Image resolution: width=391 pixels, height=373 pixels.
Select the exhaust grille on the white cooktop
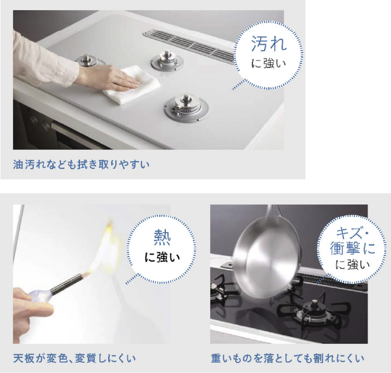[x=190, y=46]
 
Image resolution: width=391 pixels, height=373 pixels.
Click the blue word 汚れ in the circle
[x=268, y=44]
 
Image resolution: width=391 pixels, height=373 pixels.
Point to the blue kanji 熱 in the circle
[x=162, y=238]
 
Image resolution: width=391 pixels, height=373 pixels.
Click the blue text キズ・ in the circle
[x=352, y=233]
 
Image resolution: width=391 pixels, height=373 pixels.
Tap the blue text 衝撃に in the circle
[x=353, y=248]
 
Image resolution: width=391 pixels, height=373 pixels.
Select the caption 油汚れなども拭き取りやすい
[x=81, y=165]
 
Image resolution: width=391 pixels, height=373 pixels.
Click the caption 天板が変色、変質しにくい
[x=74, y=358]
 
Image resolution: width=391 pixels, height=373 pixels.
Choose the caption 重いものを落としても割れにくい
[x=287, y=358]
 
